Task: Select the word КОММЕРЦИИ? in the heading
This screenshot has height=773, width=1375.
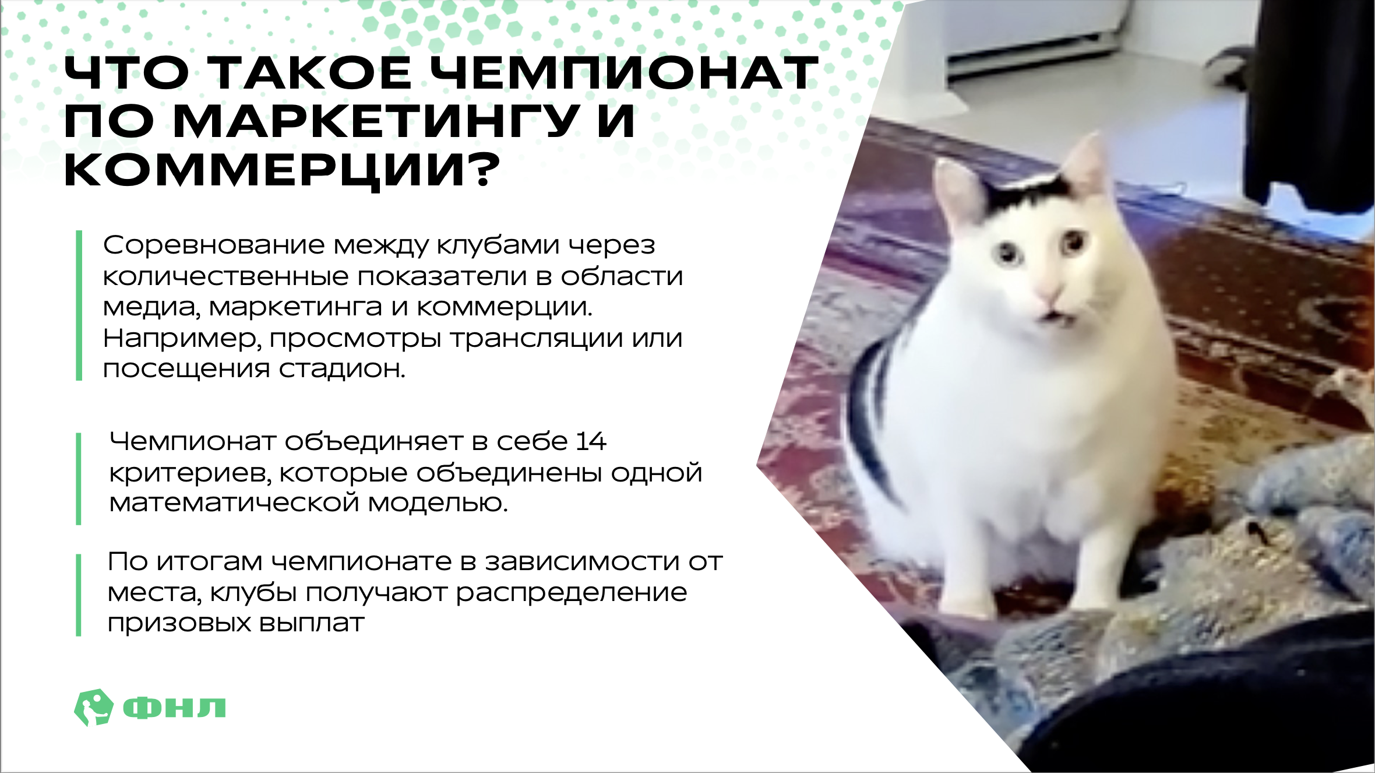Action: point(282,171)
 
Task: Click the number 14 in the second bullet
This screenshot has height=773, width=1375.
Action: point(591,441)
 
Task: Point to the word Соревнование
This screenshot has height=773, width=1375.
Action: point(213,245)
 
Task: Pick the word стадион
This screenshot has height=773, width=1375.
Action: point(341,369)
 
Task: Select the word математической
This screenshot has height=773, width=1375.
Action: point(234,503)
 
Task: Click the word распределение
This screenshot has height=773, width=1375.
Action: point(571,593)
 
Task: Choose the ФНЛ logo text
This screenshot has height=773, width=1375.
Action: point(174,708)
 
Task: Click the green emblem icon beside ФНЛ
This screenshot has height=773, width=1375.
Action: point(93,707)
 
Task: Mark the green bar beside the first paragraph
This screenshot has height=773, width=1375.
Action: point(79,305)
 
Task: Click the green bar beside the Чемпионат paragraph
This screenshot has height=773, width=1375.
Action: point(79,479)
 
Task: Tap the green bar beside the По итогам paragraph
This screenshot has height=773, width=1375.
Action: point(79,595)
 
